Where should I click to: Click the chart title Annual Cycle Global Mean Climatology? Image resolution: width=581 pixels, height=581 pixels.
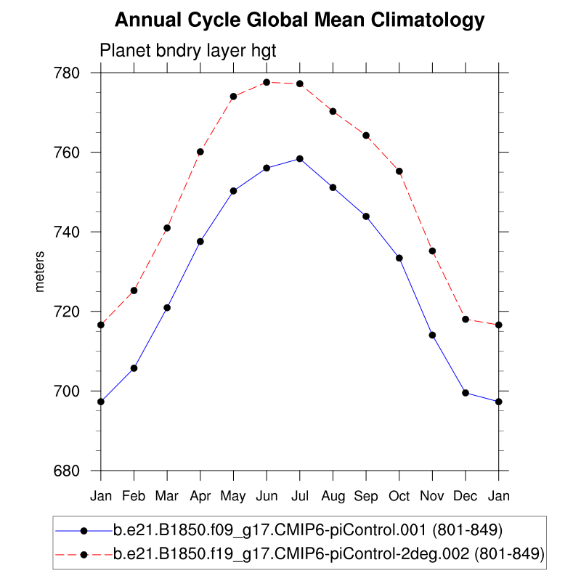pyautogui.click(x=299, y=20)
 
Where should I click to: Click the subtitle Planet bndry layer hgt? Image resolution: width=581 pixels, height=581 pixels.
pyautogui.click(x=187, y=51)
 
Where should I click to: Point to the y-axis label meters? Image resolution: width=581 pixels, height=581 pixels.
pyautogui.click(x=40, y=272)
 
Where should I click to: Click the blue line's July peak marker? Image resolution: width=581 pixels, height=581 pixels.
pyautogui.click(x=299, y=158)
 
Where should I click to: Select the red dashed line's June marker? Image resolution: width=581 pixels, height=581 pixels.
pyautogui.click(x=267, y=82)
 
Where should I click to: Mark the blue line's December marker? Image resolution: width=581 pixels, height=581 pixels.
pyautogui.click(x=466, y=393)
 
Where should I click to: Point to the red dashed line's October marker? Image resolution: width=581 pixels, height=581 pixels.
pyautogui.click(x=399, y=171)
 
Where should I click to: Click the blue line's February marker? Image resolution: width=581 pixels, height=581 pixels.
pyautogui.click(x=134, y=368)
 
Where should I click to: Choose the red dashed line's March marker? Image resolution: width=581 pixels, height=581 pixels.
pyautogui.click(x=167, y=228)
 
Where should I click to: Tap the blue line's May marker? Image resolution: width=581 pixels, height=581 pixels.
pyautogui.click(x=233, y=191)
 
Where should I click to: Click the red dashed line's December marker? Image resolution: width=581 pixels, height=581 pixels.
pyautogui.click(x=466, y=320)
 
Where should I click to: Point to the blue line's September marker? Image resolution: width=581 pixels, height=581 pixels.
pyautogui.click(x=366, y=216)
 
